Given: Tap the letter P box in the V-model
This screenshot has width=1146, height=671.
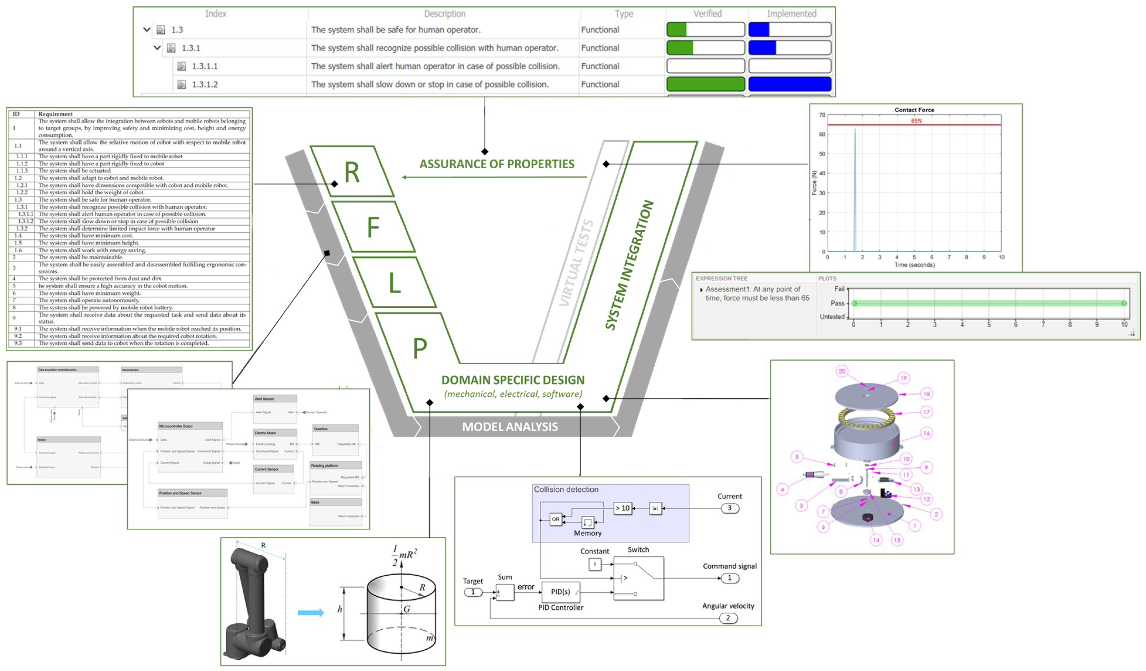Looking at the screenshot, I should (x=419, y=348).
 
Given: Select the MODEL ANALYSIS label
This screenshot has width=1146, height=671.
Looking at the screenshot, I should (x=509, y=427).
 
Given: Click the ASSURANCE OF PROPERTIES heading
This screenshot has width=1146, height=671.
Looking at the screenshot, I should (x=497, y=164).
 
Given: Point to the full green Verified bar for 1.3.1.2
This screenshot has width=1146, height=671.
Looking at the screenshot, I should (x=705, y=84).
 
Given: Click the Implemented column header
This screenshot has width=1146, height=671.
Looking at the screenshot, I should (x=791, y=14).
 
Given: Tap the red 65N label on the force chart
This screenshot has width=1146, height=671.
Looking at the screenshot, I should (x=915, y=121).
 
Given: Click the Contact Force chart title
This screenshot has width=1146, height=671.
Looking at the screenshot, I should (x=914, y=110).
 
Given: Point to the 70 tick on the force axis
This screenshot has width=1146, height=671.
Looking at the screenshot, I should (x=822, y=115).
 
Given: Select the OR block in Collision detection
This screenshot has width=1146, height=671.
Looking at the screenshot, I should (x=556, y=519).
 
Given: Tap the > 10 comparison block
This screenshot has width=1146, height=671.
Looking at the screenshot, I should (x=622, y=508).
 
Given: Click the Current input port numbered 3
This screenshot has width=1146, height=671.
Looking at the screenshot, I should (x=729, y=508).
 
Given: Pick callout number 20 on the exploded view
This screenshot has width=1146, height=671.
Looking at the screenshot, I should (x=842, y=371).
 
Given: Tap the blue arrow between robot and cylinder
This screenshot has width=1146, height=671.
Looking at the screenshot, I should (x=311, y=613).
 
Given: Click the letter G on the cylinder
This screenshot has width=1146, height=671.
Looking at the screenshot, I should (x=407, y=609).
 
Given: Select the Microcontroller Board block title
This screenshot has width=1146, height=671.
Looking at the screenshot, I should (x=176, y=427).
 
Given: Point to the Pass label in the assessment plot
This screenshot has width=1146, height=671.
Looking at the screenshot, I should (x=837, y=303).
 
